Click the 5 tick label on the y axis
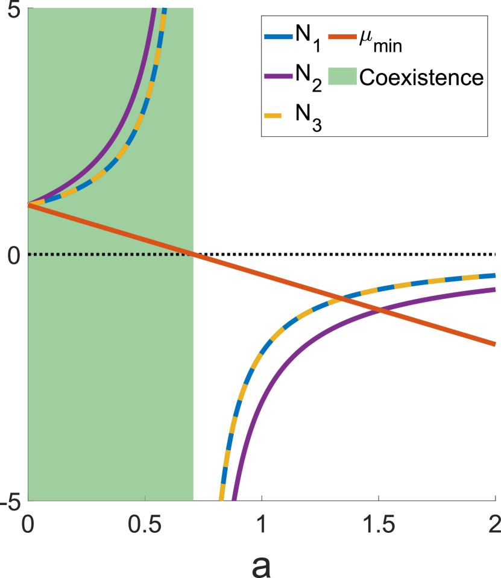click(14, 10)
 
